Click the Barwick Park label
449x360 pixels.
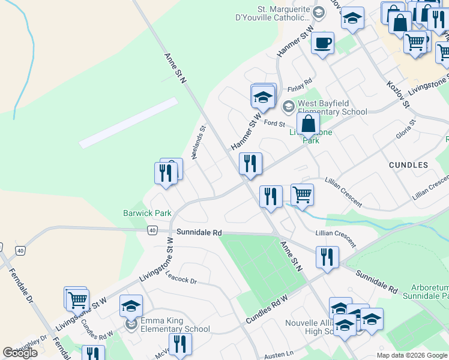pyautogui.click(x=147, y=213)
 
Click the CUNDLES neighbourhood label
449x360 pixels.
pyautogui.click(x=408, y=164)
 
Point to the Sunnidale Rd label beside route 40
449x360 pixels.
pyautogui.click(x=199, y=232)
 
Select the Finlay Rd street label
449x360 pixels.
pyautogui.click(x=300, y=82)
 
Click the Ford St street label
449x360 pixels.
pyautogui.click(x=273, y=124)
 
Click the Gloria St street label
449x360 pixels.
pyautogui.click(x=406, y=129)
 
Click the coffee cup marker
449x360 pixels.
pyautogui.click(x=322, y=43)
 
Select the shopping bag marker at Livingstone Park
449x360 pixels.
pyautogui.click(x=307, y=125)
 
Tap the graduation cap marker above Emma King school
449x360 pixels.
pyautogui.click(x=131, y=306)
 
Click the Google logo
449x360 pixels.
pyautogui.click(x=20, y=353)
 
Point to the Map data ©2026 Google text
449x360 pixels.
pyautogui.click(x=411, y=355)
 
